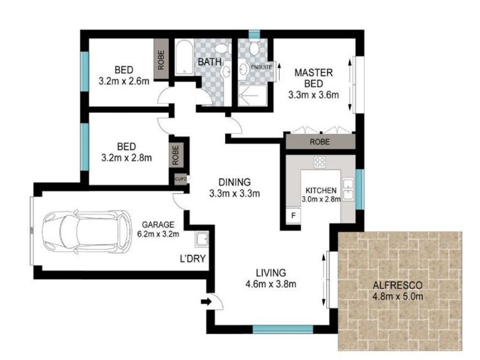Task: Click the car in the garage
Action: pyautogui.click(x=87, y=232)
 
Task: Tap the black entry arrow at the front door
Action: pyautogui.click(x=206, y=302)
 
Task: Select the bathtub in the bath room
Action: pyautogui.click(x=184, y=57)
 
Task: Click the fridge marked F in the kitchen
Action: pyautogui.click(x=293, y=215)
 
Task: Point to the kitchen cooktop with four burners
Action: pyautogui.click(x=320, y=162)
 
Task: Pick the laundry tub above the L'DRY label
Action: pyautogui.click(x=202, y=239)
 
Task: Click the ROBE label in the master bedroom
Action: pyautogui.click(x=320, y=142)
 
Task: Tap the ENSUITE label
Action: pyautogui.click(x=262, y=67)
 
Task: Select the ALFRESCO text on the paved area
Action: pyautogui.click(x=398, y=286)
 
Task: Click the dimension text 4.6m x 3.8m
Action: pyautogui.click(x=271, y=284)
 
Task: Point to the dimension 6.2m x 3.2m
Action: pyautogui.click(x=158, y=234)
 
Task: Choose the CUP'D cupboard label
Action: pyautogui.click(x=181, y=179)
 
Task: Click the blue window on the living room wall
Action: pyautogui.click(x=283, y=329)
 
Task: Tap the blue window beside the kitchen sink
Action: pyautogui.click(x=360, y=189)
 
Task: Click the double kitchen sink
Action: pyautogui.click(x=348, y=190)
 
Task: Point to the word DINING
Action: pyautogui.click(x=235, y=182)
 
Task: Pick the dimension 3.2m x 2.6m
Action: pyautogui.click(x=124, y=81)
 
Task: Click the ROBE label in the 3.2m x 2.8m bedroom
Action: pyautogui.click(x=175, y=155)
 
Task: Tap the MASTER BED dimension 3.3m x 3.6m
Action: pyautogui.click(x=313, y=95)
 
